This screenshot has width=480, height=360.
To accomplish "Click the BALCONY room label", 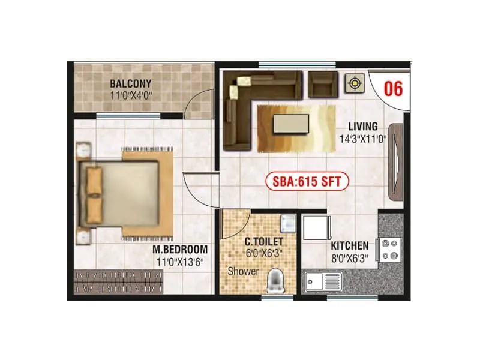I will [x=130, y=83].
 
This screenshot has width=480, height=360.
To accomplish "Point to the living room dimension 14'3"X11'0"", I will [x=362, y=139].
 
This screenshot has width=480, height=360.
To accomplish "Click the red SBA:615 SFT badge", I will [x=307, y=181].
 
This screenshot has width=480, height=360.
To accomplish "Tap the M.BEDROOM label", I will [x=181, y=249].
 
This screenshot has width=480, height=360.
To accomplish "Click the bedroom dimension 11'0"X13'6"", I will [x=181, y=261].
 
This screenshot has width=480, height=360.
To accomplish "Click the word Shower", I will [x=243, y=271].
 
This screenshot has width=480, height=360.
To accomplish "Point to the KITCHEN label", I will [x=350, y=246].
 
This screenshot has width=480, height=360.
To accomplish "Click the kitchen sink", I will [x=323, y=281].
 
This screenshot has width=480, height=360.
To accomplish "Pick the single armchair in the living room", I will [x=323, y=84].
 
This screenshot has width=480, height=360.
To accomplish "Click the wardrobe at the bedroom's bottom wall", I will [x=119, y=281].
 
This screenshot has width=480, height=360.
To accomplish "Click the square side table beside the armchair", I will [x=355, y=83].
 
